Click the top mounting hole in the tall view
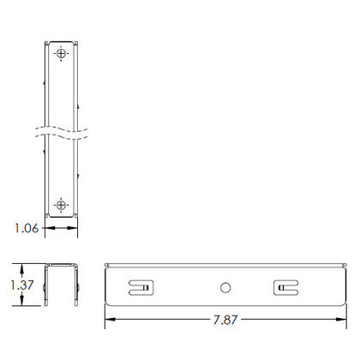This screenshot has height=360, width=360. pos(61,55)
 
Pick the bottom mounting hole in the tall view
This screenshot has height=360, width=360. pos(61,205)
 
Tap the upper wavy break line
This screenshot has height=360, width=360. pos(60,131)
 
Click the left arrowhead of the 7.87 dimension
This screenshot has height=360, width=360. pos(109,321)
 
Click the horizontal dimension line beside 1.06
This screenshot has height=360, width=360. pos(60,229)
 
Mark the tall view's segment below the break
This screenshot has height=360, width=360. pos(61,176)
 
